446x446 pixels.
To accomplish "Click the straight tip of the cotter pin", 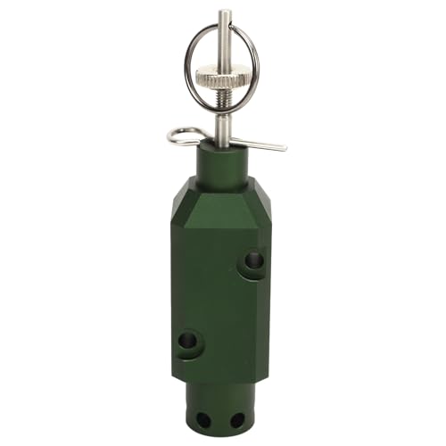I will (x=284, y=147).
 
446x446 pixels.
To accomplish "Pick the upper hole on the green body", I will (x=253, y=260).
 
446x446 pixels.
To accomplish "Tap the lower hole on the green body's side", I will (x=188, y=341).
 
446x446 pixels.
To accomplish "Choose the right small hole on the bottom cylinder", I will (x=236, y=418).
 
